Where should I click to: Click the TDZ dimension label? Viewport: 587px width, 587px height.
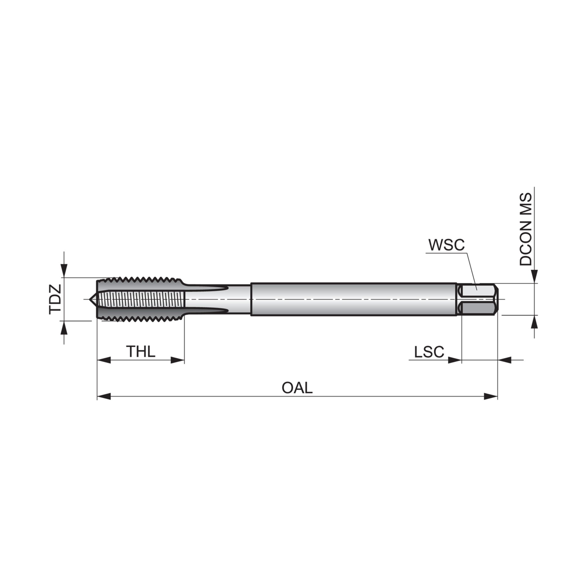pos(55,299)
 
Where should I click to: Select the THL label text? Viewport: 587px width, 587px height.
pos(141,352)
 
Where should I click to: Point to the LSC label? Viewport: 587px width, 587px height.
pos(429,352)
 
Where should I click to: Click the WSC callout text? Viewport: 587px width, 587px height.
pos(446,245)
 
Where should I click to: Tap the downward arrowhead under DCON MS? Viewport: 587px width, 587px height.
pos(534,277)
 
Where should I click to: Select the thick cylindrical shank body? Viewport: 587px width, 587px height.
pos(352,299)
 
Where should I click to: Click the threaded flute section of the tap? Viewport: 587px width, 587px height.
pos(141,299)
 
